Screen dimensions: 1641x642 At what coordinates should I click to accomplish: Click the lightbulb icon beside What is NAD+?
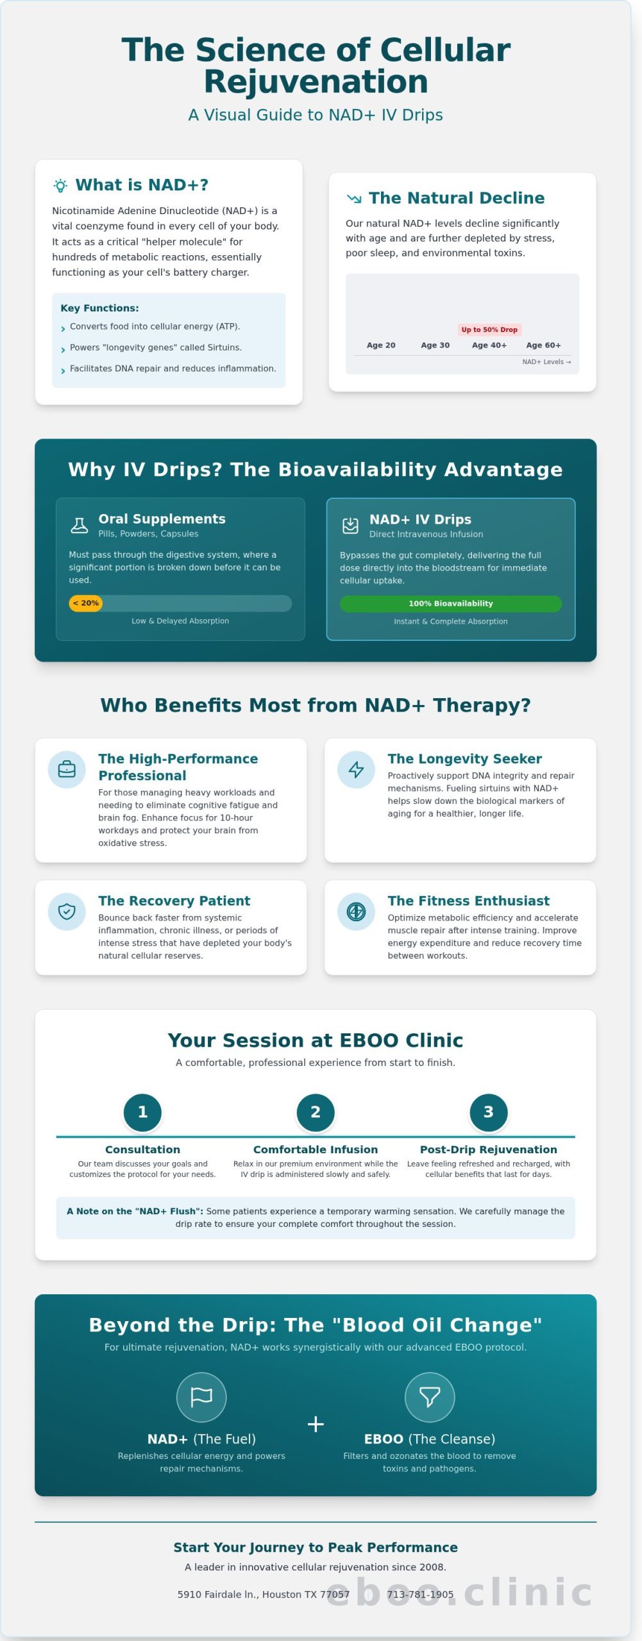pos(60,186)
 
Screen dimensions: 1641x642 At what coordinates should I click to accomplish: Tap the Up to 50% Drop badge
pos(489,329)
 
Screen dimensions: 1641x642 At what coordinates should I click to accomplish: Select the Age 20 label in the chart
pos(381,346)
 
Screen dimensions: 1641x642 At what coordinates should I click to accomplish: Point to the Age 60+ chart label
pos(543,346)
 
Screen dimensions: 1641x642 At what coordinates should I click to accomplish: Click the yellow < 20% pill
pos(86,603)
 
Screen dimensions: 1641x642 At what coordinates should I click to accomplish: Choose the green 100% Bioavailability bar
pos(450,604)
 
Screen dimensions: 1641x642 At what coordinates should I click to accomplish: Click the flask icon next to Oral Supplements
pos(80,526)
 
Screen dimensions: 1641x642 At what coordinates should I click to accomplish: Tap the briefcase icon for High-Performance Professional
pos(67,769)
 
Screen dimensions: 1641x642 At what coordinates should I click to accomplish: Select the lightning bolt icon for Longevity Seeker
pos(356,769)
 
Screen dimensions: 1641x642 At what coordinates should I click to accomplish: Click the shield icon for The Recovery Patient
pos(67,911)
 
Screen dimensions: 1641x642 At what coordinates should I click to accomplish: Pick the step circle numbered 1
pos(142,1112)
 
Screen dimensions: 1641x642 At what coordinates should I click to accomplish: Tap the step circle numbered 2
pos(316,1112)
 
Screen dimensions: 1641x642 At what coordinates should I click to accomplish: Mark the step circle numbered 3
pos(488,1112)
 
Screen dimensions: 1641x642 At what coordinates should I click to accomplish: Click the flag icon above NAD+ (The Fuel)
pos(201,1397)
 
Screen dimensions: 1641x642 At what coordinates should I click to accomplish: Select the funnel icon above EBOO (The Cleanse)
pos(430,1397)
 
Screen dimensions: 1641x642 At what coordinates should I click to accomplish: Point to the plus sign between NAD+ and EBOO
pos(316,1424)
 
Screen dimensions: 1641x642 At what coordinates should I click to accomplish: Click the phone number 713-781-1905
pos(420,1594)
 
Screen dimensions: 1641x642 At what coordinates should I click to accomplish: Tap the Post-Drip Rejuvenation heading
pos(488,1149)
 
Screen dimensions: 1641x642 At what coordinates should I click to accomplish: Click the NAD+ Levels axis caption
pos(546,362)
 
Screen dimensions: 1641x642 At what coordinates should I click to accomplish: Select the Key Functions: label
pos(99,308)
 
